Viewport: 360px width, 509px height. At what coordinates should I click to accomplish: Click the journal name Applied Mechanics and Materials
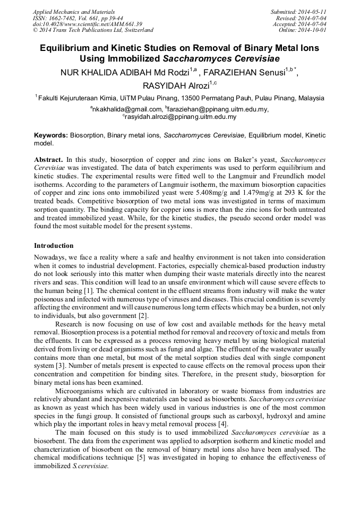73,12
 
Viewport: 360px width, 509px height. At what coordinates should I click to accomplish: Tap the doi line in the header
87,24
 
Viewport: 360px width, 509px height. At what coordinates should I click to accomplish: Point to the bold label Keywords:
52,136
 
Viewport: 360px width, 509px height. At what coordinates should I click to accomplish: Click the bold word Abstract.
48,159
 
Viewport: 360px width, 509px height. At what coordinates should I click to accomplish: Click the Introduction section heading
54,246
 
